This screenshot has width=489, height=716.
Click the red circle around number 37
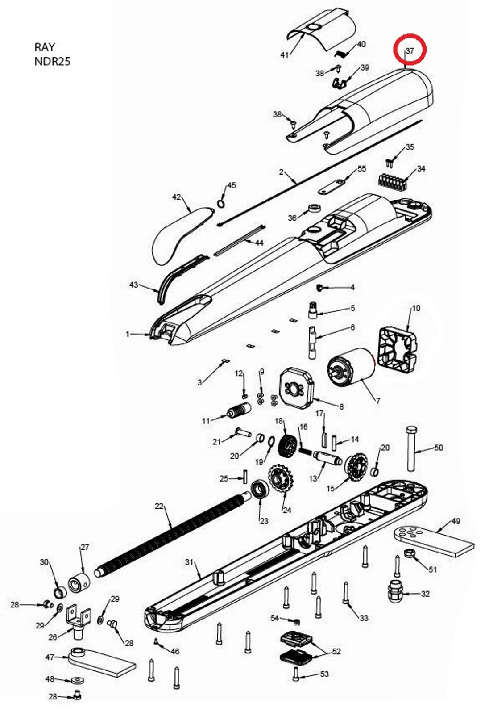(x=410, y=50)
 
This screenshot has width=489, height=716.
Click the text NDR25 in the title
(x=52, y=61)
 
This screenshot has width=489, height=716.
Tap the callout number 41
(x=284, y=54)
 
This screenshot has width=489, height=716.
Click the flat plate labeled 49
(x=434, y=541)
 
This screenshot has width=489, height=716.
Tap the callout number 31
(x=189, y=561)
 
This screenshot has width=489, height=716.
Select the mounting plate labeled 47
(x=100, y=661)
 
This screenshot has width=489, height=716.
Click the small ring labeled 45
(x=221, y=204)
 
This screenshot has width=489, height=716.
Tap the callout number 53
(x=324, y=674)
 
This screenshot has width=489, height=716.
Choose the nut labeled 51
(x=410, y=554)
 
